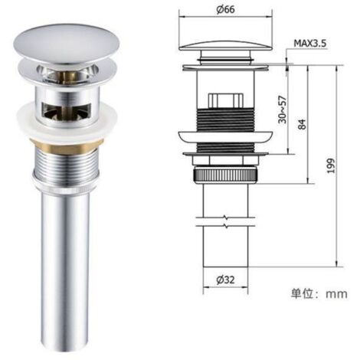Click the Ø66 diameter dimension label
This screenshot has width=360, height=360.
pos(225,10)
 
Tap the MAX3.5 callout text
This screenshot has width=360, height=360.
pos(310,44)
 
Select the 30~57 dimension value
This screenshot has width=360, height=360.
pos(283,110)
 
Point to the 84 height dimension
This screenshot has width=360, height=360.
pos(302,124)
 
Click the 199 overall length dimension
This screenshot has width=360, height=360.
pos(331,166)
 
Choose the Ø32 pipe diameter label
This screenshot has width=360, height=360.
pos(225,280)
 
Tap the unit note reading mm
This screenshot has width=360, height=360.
pos(336,294)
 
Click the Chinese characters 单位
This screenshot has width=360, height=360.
pos(302,293)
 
